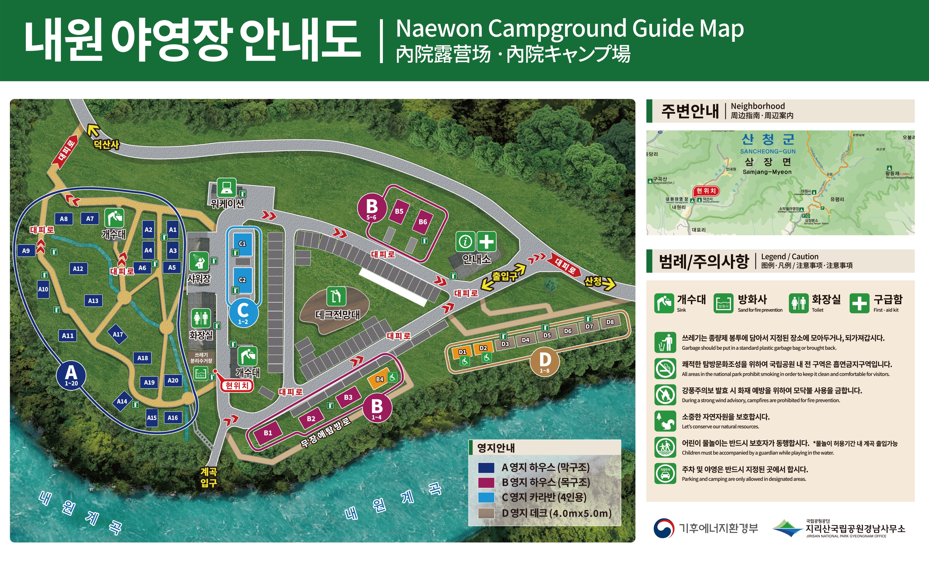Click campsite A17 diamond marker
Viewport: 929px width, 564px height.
click(118, 334)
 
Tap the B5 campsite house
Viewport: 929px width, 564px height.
click(399, 211)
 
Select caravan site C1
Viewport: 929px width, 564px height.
click(242, 244)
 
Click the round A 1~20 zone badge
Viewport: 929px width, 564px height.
click(71, 375)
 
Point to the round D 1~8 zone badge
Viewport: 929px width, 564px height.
click(544, 361)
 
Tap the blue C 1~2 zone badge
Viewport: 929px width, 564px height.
click(243, 313)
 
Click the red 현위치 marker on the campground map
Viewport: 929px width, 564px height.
click(236, 385)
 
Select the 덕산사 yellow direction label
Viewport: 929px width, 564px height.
click(106, 144)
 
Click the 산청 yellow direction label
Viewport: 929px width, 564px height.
click(593, 281)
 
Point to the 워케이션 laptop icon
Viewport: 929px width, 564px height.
click(226, 187)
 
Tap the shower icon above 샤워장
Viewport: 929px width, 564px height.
click(199, 261)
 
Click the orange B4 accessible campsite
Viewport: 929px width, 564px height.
click(379, 379)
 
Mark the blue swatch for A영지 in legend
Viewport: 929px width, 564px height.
click(486, 467)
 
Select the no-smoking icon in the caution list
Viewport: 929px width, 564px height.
click(665, 368)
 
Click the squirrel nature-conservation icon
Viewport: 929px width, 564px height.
click(665, 421)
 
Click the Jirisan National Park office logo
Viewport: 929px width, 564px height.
click(787, 528)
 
